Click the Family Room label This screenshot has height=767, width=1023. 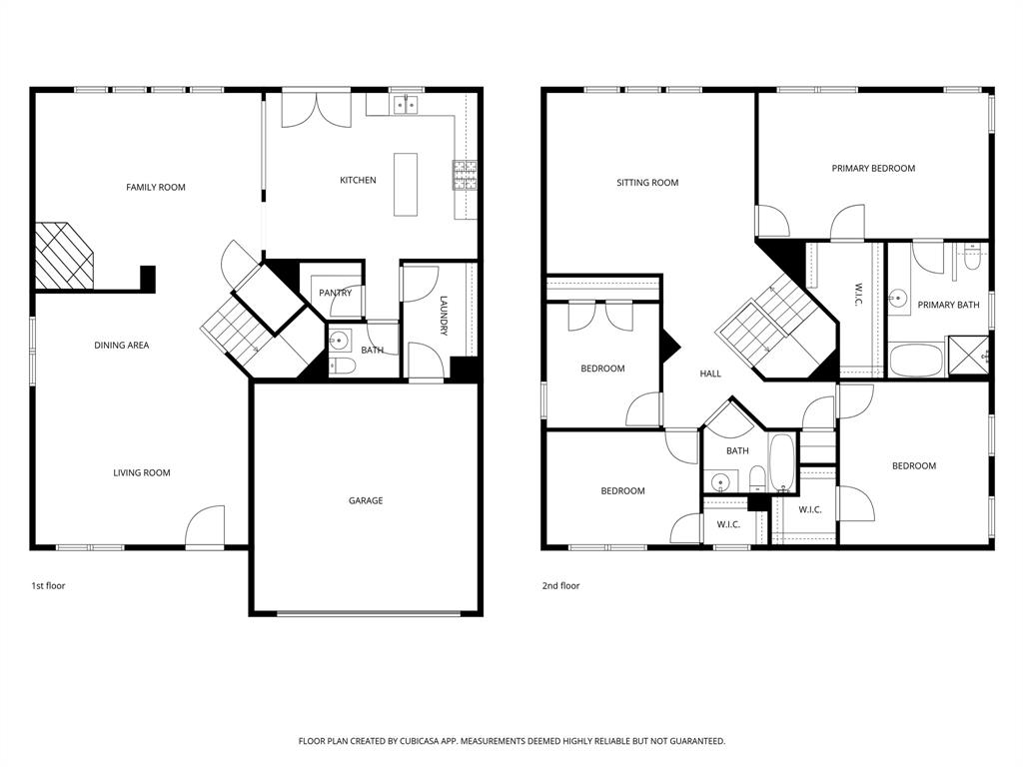click(x=155, y=187)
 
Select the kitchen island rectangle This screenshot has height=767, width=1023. click(x=406, y=184)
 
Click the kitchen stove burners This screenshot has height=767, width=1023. click(x=465, y=176)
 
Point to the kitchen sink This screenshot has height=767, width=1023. click(x=406, y=103)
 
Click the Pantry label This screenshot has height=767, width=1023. click(x=335, y=293)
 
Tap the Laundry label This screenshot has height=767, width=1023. click(x=444, y=316)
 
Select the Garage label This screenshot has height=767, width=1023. click(x=366, y=500)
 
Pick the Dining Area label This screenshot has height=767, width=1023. click(x=122, y=346)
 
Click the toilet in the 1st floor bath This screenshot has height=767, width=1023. click(x=342, y=367)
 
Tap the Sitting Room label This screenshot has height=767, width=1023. click(x=647, y=183)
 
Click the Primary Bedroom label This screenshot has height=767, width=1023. click(x=873, y=169)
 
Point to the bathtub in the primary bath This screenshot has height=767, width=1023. click(x=916, y=361)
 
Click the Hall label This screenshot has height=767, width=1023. click(x=710, y=374)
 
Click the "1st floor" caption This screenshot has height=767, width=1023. click(x=48, y=586)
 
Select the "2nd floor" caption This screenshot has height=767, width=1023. click(x=560, y=586)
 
